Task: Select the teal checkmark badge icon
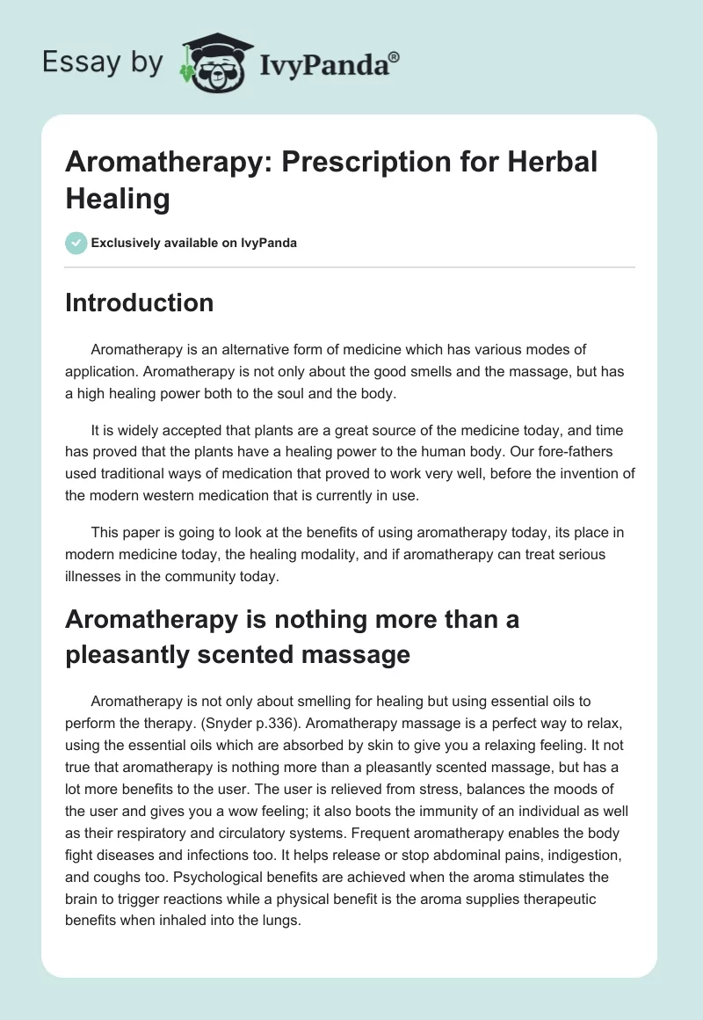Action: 76,243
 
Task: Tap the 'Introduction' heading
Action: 140,302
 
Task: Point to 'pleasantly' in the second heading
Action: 127,654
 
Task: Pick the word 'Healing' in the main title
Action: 117,199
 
